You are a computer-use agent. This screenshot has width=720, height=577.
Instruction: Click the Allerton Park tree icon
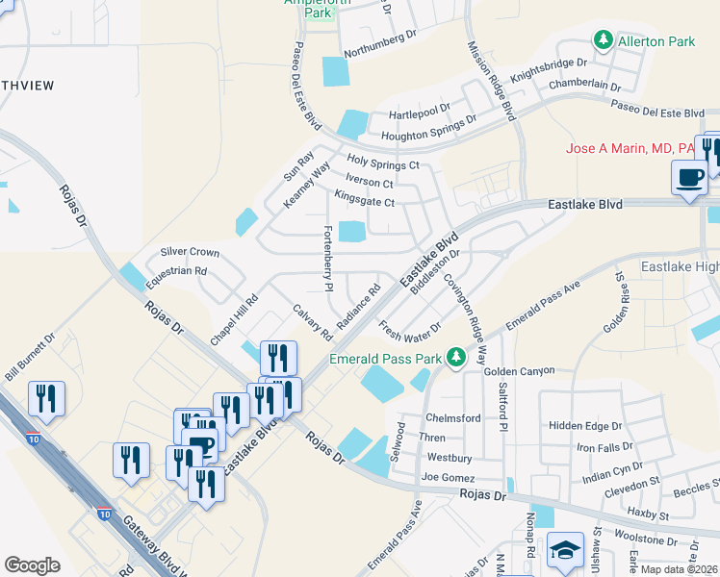(603, 41)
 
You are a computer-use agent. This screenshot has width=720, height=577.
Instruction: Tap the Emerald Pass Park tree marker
(455, 359)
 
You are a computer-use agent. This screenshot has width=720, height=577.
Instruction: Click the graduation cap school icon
(565, 549)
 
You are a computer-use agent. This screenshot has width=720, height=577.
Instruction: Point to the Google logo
(32, 565)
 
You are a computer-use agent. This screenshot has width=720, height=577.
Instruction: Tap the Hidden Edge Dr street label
(585, 425)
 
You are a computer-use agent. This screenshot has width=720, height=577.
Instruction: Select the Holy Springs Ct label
(383, 163)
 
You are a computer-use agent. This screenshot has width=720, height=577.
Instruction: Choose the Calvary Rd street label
(313, 323)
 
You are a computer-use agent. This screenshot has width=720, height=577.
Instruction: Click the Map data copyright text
(679, 568)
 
